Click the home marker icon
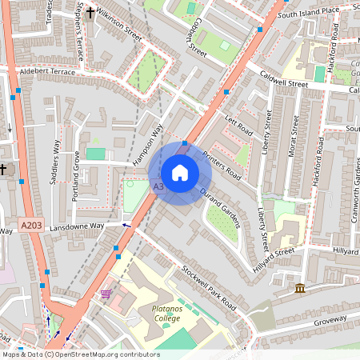coord(180,172)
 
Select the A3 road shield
coord(158,187)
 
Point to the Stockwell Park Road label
coord(209,288)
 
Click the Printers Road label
coord(221,164)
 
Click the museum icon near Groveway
coord(300,288)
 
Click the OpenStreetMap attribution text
coord(80,354)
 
